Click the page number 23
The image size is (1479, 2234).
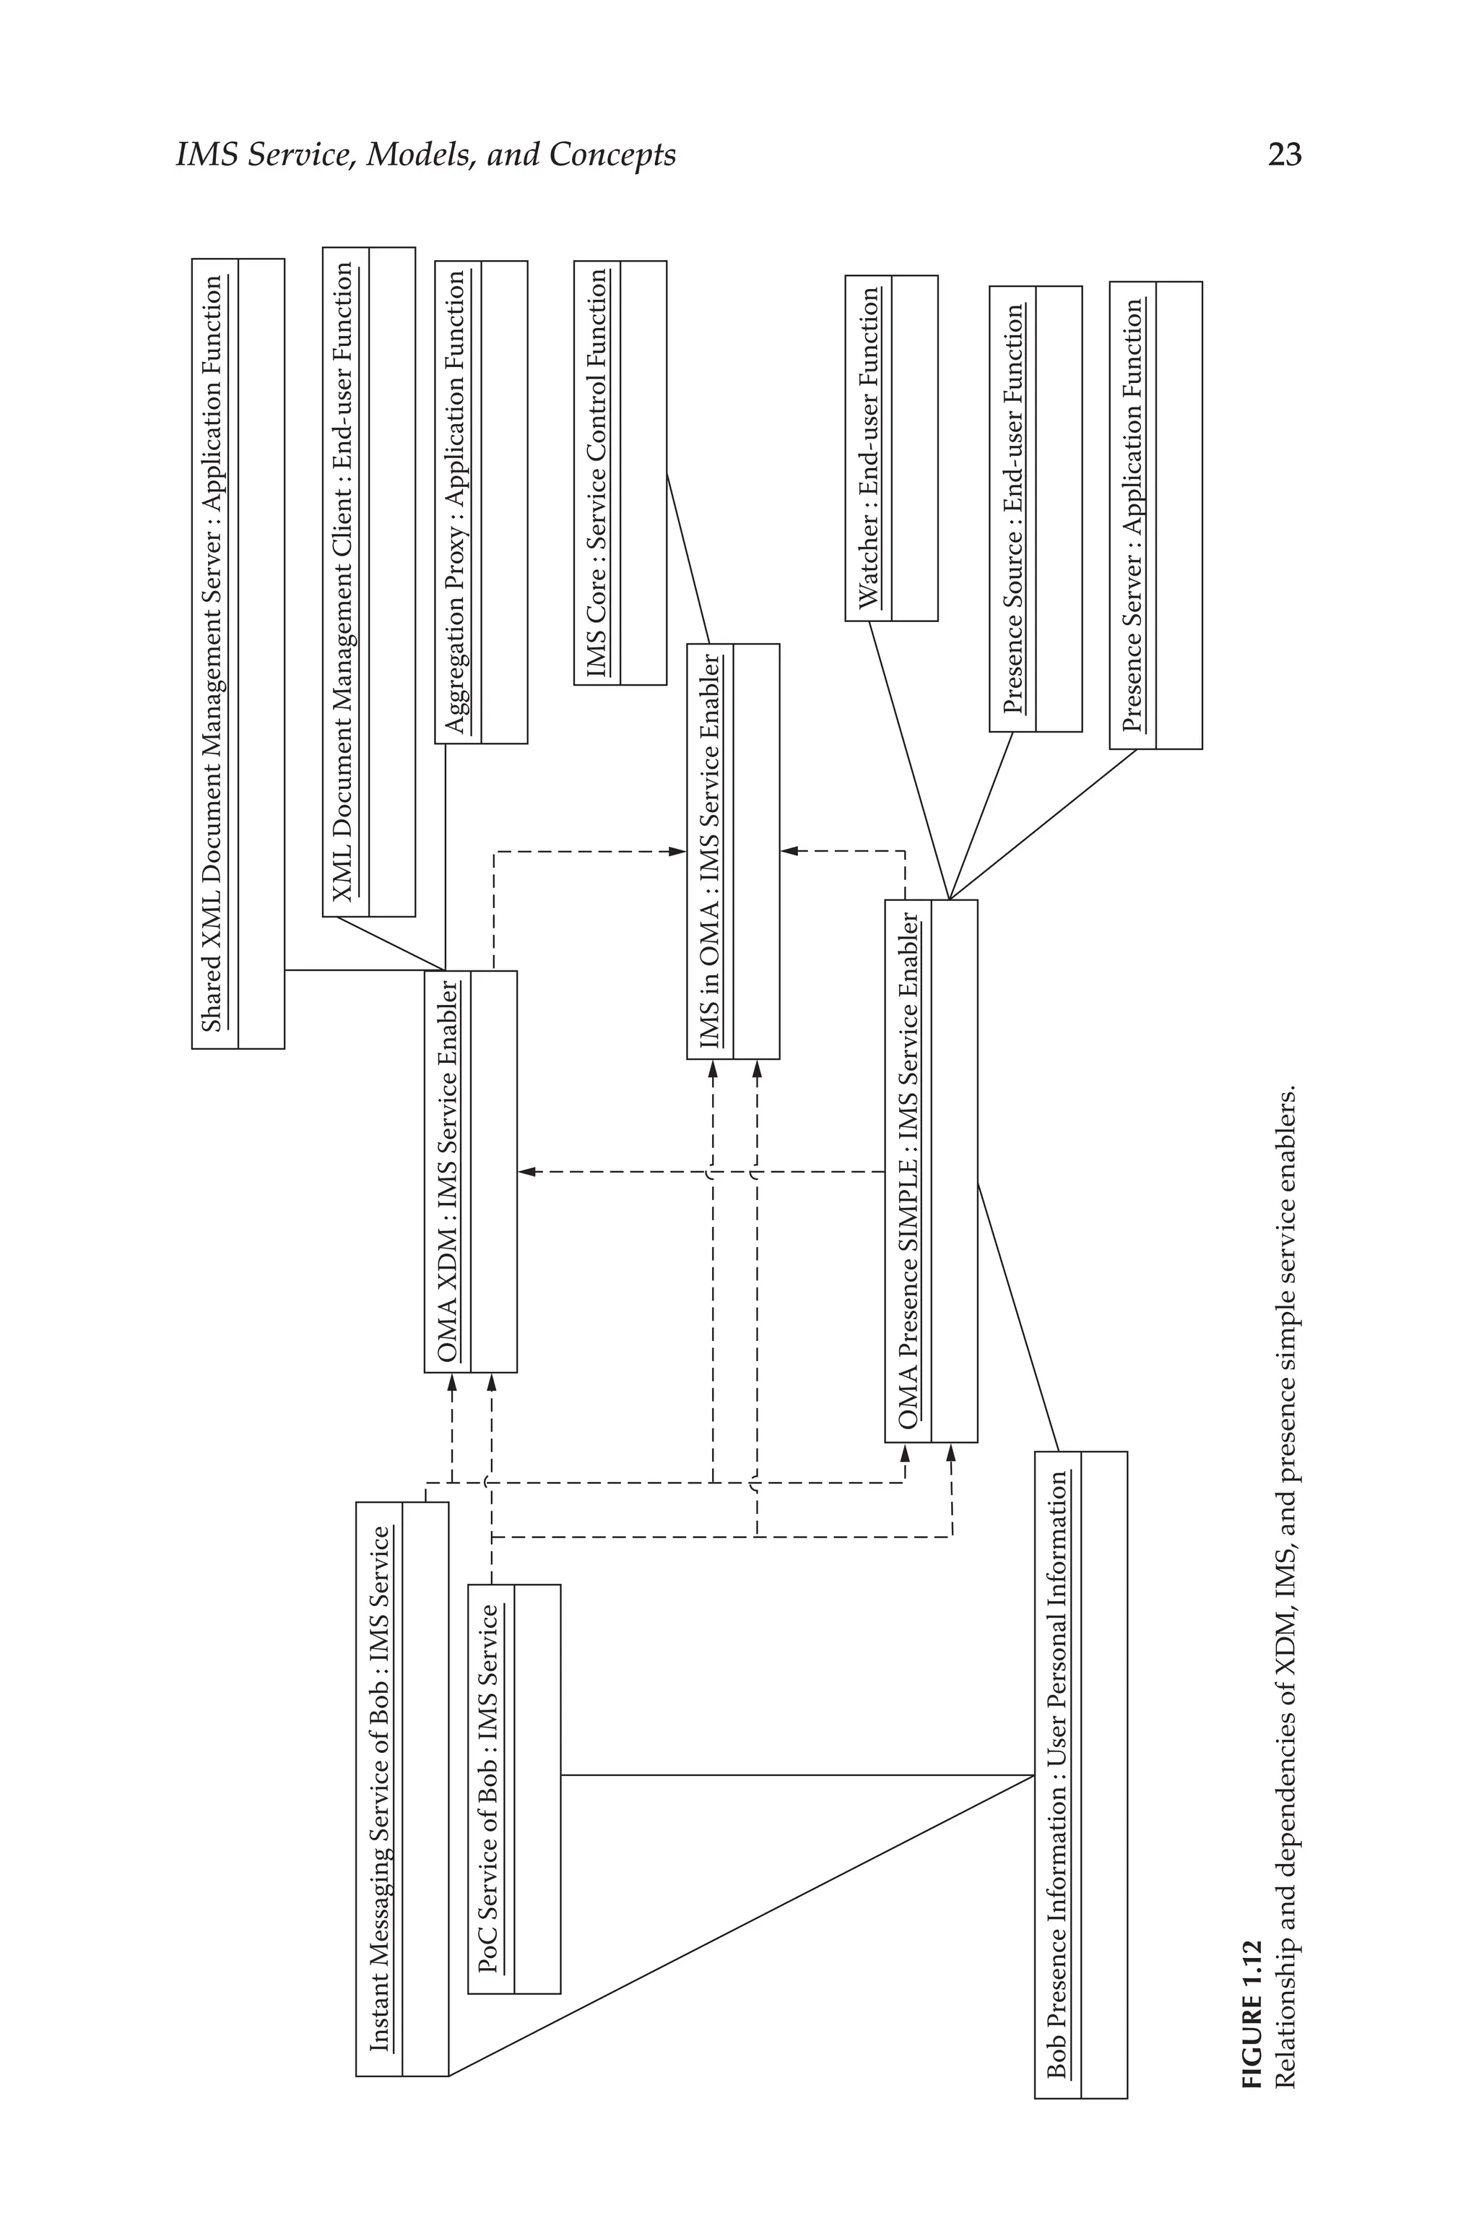pyautogui.click(x=1284, y=154)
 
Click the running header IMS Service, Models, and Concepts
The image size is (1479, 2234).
pyautogui.click(x=426, y=155)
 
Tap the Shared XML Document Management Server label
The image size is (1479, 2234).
pyautogui.click(x=213, y=653)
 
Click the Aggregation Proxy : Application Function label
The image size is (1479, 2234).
pyautogui.click(x=456, y=502)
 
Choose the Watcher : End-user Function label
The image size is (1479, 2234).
pyautogui.click(x=868, y=447)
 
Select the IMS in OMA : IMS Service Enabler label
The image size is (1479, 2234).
pyautogui.click(x=709, y=851)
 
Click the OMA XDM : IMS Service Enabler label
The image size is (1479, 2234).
pyautogui.click(x=447, y=1170)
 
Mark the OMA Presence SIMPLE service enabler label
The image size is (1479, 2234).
pyautogui.click(x=906, y=1170)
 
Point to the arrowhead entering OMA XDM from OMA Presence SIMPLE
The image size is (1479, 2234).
pyautogui.click(x=526, y=1172)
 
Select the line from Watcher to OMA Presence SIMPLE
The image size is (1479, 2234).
pyautogui.click(x=908, y=760)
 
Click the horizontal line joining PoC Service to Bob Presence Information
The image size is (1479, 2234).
pyautogui.click(x=797, y=1775)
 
